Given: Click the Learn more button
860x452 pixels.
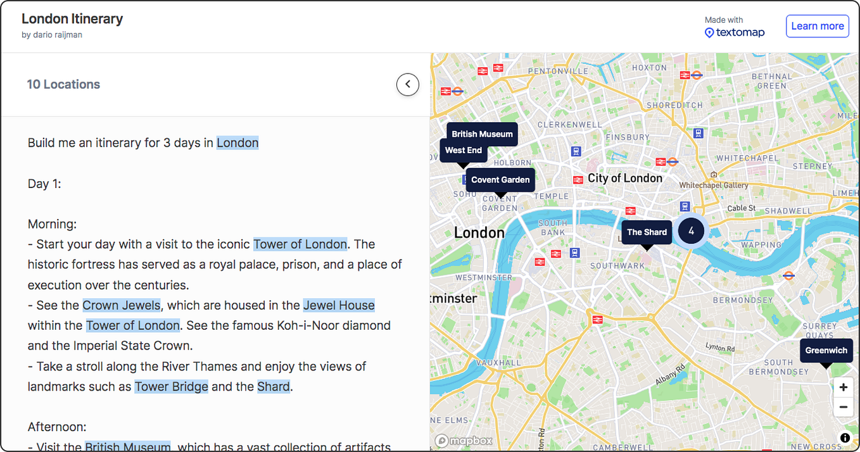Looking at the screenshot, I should (x=817, y=26).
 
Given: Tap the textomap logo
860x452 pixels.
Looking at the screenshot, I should (x=735, y=32).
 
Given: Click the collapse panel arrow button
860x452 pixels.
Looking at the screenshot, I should (x=408, y=84).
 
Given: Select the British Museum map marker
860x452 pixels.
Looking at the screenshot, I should (x=482, y=134).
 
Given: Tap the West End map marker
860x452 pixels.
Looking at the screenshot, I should (x=463, y=151).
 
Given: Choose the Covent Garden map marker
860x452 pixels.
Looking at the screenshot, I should (x=500, y=180).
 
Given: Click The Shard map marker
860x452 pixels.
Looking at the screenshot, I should (x=647, y=232).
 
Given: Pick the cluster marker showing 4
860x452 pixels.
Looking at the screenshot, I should (x=691, y=231).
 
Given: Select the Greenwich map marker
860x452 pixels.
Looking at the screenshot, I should (x=826, y=351).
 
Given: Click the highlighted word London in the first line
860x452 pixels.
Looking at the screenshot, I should (x=237, y=142).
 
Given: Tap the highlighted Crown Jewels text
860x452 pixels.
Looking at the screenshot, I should (x=121, y=305).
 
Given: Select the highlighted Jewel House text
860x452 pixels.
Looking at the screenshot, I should (x=339, y=305).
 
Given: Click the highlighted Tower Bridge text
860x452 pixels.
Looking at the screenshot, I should (x=171, y=386).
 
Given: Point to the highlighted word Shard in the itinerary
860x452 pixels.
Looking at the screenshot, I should (x=273, y=386).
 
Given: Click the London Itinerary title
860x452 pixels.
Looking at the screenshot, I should (x=72, y=19).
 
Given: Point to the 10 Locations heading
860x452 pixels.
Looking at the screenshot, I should (x=63, y=84).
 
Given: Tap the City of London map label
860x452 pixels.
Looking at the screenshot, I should (x=624, y=178).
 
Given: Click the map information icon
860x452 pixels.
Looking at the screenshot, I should (x=844, y=437).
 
